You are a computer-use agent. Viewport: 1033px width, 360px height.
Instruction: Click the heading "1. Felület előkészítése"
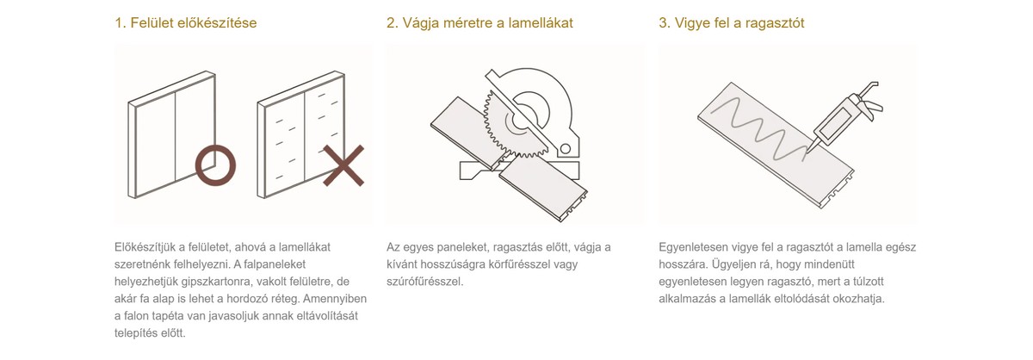[185, 22]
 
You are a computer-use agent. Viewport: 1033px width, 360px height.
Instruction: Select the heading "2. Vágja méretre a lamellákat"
[479, 22]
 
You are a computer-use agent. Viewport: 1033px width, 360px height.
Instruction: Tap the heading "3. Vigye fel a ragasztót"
[732, 22]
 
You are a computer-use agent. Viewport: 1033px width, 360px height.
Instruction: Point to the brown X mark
[343, 165]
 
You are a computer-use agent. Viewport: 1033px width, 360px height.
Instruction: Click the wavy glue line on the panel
[758, 129]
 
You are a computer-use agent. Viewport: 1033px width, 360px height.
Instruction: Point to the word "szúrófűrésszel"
[424, 282]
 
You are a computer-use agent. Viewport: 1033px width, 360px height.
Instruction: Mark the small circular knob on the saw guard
[565, 149]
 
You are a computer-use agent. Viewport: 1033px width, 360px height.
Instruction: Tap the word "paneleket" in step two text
[462, 247]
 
